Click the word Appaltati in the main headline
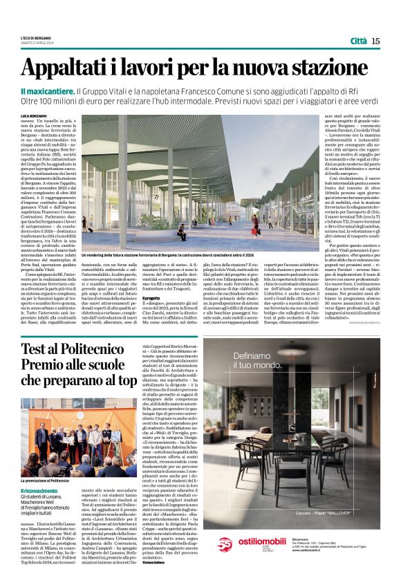(x=71, y=69)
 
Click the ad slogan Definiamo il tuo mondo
(x=259, y=360)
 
